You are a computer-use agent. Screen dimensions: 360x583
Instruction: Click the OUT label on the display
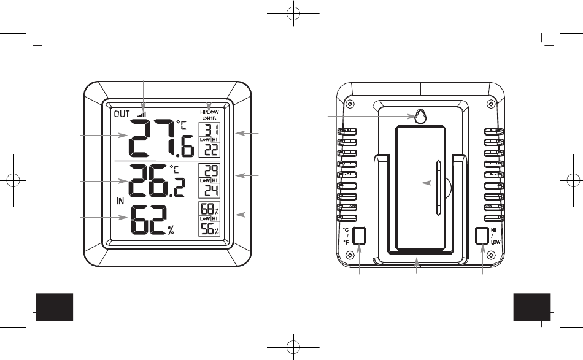point(122,113)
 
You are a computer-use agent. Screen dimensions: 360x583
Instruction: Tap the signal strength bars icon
point(142,113)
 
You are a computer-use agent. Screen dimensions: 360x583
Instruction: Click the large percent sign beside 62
point(171,231)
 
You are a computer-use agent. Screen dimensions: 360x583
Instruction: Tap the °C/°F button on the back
point(360,236)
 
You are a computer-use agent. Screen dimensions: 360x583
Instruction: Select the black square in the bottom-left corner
point(55,307)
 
